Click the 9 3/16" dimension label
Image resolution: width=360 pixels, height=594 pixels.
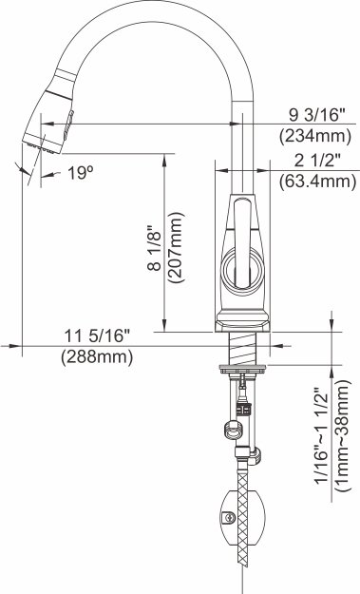(x=317, y=115)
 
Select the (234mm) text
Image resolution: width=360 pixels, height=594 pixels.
(x=315, y=136)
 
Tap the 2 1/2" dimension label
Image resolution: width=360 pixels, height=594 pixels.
(x=317, y=161)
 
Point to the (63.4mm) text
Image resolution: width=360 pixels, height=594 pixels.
(x=317, y=182)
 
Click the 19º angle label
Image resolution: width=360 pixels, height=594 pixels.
(x=80, y=173)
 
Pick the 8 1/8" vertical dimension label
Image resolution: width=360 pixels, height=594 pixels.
(x=155, y=248)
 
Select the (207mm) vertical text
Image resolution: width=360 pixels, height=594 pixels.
(x=177, y=247)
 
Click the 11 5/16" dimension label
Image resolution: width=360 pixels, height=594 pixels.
(x=97, y=335)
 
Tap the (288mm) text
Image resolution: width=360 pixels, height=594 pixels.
(x=97, y=356)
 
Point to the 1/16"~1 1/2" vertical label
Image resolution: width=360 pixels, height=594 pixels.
(x=322, y=435)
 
